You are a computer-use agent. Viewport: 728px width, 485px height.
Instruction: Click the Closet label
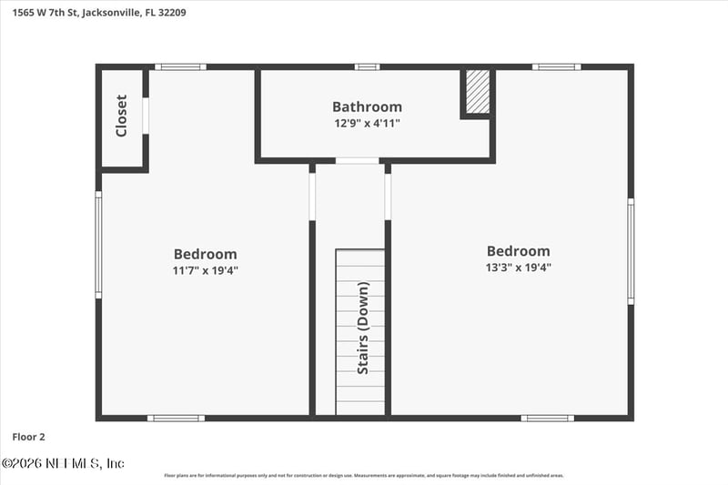click(122, 116)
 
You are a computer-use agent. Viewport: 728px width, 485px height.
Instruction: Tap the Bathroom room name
click(367, 106)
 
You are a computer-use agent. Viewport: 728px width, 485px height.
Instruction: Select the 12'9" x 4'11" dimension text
click(367, 123)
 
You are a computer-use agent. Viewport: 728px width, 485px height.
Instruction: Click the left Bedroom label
click(206, 254)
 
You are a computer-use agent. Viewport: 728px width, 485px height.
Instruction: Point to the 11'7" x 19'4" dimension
click(206, 270)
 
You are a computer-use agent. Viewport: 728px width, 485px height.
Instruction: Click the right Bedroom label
click(519, 251)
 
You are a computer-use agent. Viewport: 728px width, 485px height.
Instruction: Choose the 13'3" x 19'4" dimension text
click(519, 268)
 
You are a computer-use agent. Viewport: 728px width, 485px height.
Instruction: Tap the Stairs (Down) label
click(363, 328)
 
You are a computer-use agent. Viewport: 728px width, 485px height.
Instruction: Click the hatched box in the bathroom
click(478, 92)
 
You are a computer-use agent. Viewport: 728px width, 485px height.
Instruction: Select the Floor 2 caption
click(28, 437)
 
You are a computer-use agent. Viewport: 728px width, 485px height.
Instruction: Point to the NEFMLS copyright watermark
click(64, 463)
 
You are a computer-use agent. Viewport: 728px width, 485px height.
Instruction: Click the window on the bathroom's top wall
click(367, 66)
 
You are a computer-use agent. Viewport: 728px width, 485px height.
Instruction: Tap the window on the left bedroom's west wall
click(98, 244)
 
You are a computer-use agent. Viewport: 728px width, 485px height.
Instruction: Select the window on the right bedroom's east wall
click(631, 251)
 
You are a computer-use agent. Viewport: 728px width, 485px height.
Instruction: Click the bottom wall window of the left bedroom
click(176, 418)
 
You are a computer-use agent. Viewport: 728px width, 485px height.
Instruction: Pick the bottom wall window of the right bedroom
click(547, 418)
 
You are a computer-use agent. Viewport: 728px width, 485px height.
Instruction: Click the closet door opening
click(146, 116)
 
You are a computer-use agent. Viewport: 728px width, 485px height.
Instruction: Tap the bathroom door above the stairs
click(357, 161)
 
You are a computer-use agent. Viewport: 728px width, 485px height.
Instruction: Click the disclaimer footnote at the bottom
click(364, 475)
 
